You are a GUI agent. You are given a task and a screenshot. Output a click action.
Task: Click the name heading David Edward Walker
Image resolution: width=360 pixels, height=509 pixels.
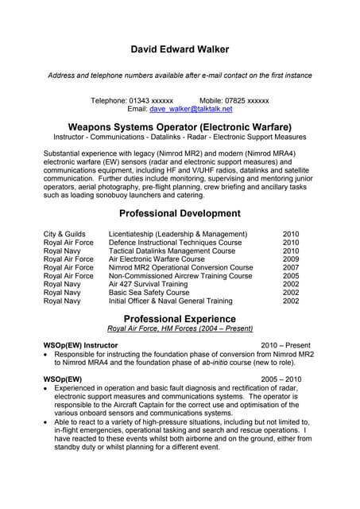point(180,49)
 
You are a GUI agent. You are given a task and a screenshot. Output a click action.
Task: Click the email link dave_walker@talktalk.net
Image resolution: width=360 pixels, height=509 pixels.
point(195,109)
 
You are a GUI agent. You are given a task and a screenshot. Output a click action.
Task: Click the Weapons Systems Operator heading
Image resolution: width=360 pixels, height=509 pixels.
point(180,127)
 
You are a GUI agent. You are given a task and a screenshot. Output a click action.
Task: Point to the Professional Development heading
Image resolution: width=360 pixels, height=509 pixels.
point(180,213)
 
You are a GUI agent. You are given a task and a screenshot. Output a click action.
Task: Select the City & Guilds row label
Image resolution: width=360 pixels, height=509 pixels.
point(64,234)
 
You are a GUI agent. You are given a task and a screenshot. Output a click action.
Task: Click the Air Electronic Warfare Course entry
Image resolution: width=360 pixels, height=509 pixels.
point(157,258)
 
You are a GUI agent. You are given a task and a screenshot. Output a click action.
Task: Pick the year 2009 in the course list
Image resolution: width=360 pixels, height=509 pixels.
point(291,258)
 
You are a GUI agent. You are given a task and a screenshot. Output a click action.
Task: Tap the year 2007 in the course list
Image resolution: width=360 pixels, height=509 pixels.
point(291,267)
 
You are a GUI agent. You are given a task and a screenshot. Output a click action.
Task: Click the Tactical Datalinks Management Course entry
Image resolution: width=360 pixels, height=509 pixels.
point(172,251)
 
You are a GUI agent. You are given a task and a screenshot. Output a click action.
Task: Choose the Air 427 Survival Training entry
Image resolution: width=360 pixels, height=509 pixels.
point(149,284)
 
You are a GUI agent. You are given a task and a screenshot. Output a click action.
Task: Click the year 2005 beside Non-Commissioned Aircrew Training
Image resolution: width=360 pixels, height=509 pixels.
point(291,276)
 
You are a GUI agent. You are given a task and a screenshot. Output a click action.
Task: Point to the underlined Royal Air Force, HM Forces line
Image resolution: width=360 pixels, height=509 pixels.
point(180,328)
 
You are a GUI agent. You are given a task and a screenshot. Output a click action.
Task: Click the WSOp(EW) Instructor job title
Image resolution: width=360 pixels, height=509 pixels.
point(80,345)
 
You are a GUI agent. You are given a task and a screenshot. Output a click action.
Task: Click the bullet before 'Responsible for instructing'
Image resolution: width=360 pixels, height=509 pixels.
point(46,354)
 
